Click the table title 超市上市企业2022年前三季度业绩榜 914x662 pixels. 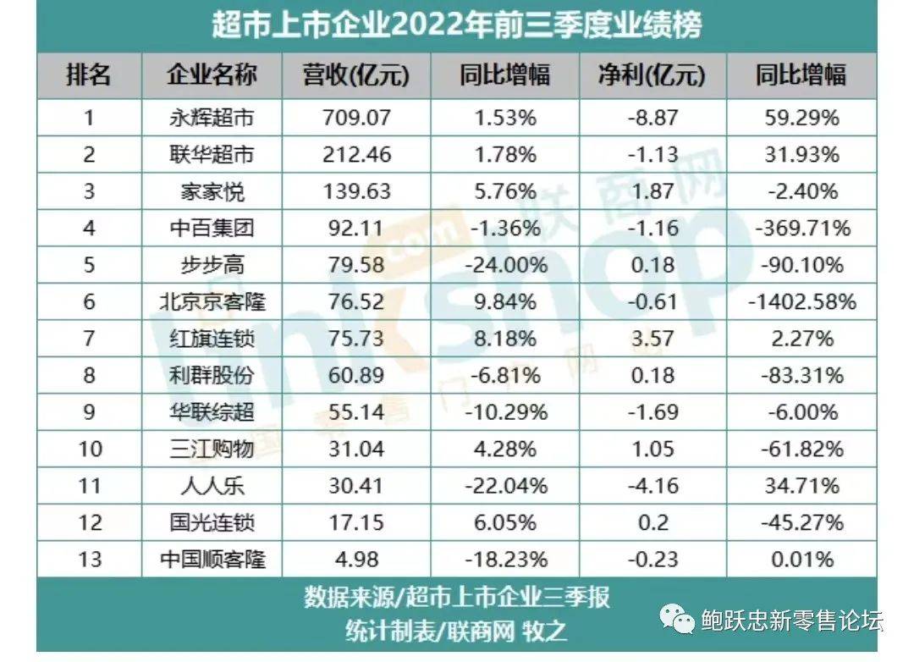(x=456, y=25)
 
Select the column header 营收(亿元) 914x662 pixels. (x=355, y=75)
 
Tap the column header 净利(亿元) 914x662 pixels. (x=652, y=75)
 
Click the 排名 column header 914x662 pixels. (x=89, y=75)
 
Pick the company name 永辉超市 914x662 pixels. (x=212, y=118)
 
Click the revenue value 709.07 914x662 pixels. (x=355, y=118)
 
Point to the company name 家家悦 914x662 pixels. (x=212, y=191)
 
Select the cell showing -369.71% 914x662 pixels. (x=800, y=228)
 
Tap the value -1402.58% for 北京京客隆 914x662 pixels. (x=800, y=301)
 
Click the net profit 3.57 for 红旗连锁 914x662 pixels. (x=652, y=339)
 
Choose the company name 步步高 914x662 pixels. (x=212, y=265)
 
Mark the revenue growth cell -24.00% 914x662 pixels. (x=504, y=265)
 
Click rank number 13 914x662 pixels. (x=89, y=560)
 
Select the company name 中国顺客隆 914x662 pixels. (x=212, y=560)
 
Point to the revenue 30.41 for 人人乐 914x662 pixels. (x=355, y=486)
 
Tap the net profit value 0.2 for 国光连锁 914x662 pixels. (x=652, y=522)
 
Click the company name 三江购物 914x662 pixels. (x=212, y=449)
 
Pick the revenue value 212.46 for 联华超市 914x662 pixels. (x=355, y=154)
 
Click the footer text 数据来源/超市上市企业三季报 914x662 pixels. (x=456, y=598)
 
